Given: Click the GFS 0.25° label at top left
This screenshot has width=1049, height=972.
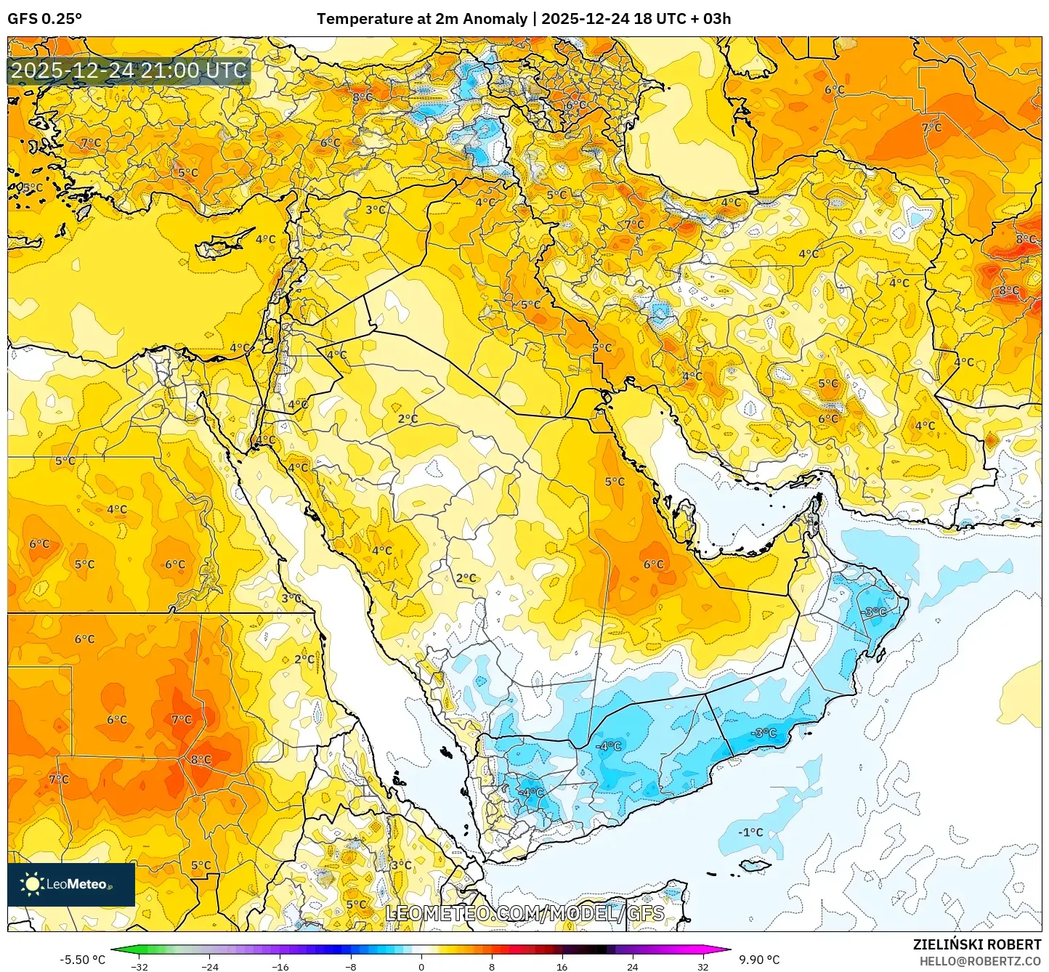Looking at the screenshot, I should pos(44,19).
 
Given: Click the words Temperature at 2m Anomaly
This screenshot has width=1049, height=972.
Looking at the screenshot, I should pos(421,19).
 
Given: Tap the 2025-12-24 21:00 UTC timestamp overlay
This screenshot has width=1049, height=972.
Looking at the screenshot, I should pos(129,70).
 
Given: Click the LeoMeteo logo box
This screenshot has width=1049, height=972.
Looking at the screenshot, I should pos(71,884).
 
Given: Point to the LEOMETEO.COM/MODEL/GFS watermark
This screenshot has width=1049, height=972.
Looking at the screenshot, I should pos(524,913).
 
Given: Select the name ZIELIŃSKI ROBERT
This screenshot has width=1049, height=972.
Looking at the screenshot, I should pos(977,944).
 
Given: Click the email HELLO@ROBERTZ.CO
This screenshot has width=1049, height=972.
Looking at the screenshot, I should pos(980,960).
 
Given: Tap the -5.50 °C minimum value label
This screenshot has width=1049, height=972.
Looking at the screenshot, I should pos(82,960).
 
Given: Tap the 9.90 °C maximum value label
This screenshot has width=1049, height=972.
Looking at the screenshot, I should pos(759,960).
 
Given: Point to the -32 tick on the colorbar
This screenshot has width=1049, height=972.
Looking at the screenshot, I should pos(139,966).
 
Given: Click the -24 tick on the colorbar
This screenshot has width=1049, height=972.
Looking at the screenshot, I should pos(210,966).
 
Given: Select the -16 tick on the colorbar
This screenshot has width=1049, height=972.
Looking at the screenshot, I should pos(280,966).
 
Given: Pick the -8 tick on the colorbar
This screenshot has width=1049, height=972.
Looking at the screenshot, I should pos(351,966).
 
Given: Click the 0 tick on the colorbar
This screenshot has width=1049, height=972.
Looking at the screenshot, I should pos(421,966).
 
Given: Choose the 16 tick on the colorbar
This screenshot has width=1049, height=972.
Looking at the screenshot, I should pos(562,966).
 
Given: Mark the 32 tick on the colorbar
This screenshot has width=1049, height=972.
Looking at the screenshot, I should pos(702,966).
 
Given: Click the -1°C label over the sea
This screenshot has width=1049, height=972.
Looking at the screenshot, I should pos(750,832).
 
